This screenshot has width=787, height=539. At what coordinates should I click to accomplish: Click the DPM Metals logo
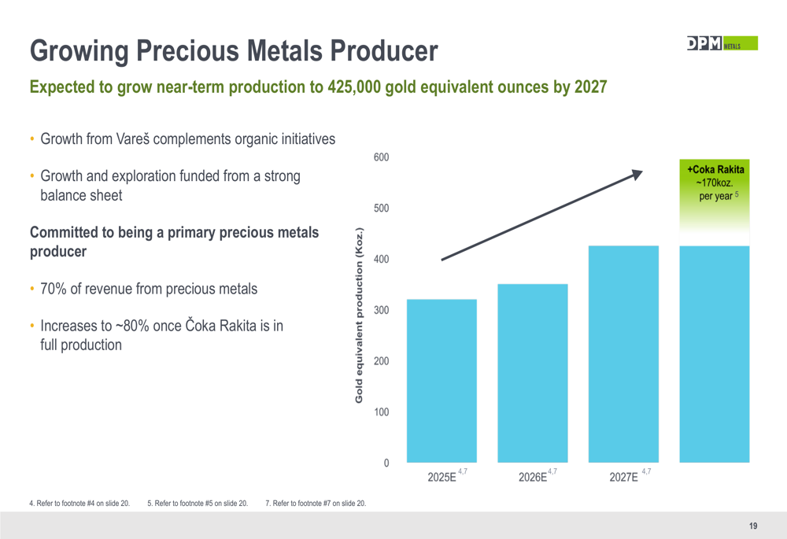coord(721,44)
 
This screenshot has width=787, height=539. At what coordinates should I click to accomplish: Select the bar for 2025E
coord(442,381)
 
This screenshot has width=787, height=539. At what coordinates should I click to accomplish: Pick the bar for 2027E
coord(623,354)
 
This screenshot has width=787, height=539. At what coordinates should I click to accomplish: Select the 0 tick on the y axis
coord(386,463)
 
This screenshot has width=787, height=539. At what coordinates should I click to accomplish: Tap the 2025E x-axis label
coord(442,478)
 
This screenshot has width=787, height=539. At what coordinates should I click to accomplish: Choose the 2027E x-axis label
coord(624,478)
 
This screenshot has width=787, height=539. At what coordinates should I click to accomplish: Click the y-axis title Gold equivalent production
coord(359,316)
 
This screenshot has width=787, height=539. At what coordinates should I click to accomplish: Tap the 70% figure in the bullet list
coord(54,289)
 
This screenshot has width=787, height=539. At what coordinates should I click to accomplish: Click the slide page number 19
coord(752,526)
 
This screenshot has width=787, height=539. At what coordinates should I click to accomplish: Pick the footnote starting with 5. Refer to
coord(198,503)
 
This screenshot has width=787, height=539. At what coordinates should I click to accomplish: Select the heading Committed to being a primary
coord(173,233)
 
